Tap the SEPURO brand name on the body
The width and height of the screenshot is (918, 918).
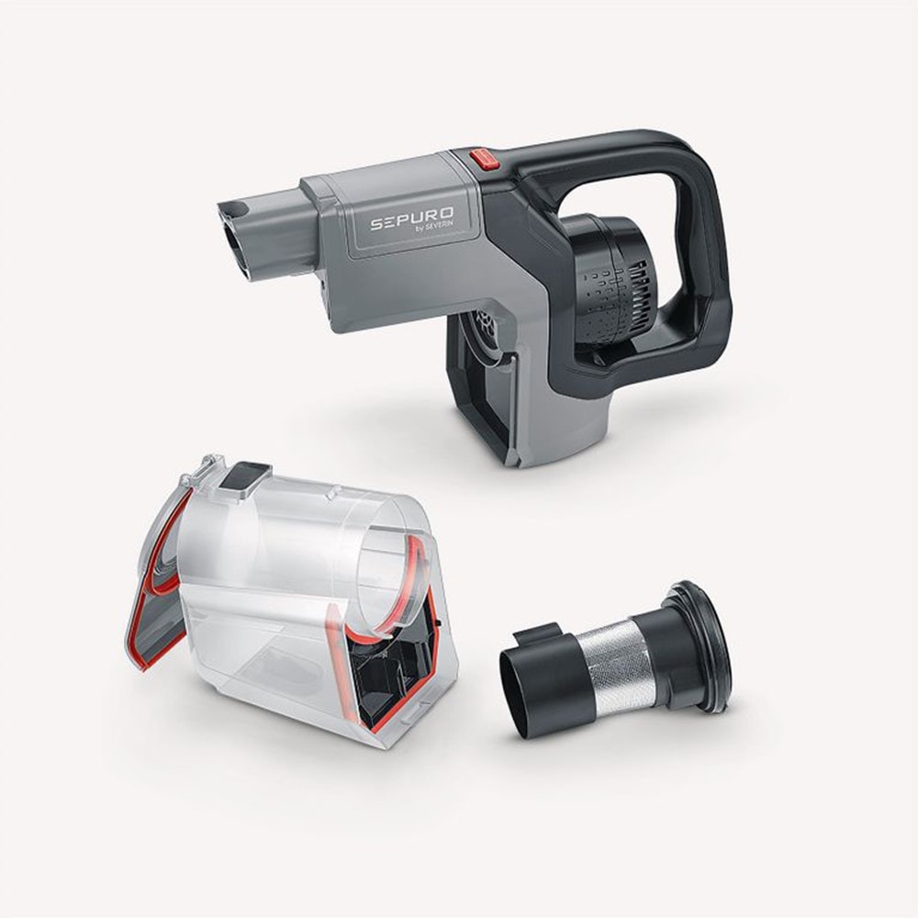click(x=411, y=221)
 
